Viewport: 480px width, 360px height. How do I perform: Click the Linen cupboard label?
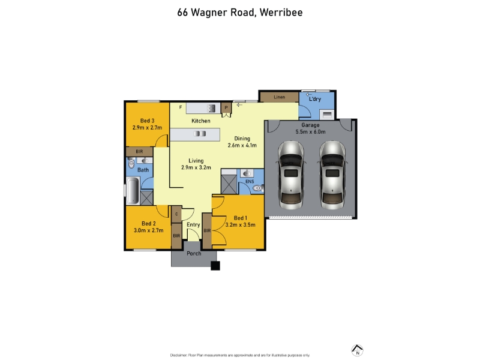(279, 97)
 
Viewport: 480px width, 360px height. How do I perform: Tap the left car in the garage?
(291, 175)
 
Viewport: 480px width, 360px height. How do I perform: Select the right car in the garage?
(332, 175)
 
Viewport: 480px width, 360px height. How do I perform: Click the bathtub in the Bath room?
(133, 191)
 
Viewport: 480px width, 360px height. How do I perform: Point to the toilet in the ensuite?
(258, 188)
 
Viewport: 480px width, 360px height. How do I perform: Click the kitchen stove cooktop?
(211, 108)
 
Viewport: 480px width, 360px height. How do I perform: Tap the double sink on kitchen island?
(200, 133)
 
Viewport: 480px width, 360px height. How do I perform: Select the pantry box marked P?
(226, 107)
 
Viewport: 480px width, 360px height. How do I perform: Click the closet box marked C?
(176, 214)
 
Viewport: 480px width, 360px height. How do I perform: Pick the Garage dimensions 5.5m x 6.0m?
(310, 132)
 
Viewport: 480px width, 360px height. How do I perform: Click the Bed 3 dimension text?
(147, 128)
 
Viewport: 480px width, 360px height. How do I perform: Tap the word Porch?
(194, 253)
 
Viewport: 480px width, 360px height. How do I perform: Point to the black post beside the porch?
(215, 266)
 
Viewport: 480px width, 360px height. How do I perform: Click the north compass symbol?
(357, 350)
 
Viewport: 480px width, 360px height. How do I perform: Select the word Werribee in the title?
(281, 13)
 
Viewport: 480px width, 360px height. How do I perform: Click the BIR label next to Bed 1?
(207, 230)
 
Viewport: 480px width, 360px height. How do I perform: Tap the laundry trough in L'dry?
(327, 115)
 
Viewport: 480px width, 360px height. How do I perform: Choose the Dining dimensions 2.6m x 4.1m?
(242, 145)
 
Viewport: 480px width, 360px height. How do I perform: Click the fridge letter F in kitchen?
(181, 107)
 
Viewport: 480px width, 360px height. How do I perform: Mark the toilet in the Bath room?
(131, 163)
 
